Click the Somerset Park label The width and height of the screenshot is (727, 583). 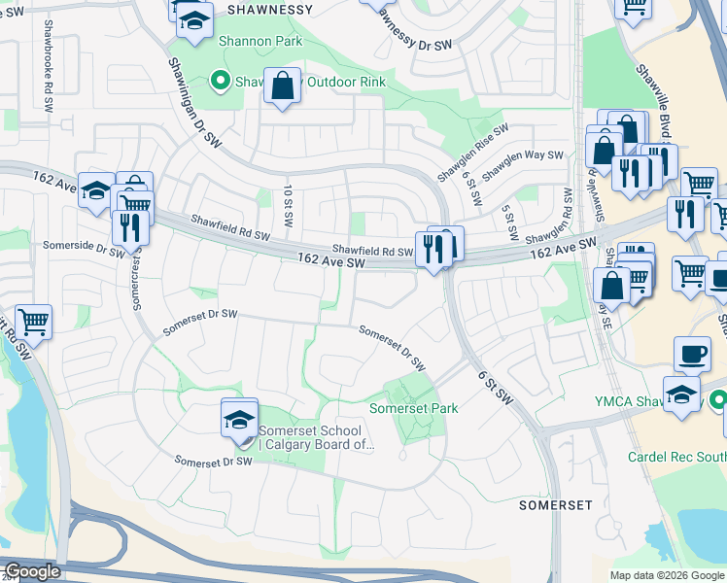[413, 409]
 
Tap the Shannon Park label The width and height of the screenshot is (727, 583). [260, 41]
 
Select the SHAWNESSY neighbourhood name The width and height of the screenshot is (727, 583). [270, 10]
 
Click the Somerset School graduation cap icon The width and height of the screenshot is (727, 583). [239, 419]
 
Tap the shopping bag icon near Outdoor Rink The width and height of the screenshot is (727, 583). [282, 86]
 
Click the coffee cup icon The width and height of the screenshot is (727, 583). [692, 355]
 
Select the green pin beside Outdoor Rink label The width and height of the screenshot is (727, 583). [220, 82]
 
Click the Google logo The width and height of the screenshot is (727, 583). [31, 571]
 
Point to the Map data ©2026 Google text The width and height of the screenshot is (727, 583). [666, 575]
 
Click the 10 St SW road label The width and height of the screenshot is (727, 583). [288, 206]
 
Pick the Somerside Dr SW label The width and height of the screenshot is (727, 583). [81, 250]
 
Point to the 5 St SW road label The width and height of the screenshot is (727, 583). [507, 223]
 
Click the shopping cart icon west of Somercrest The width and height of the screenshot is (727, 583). [33, 321]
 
